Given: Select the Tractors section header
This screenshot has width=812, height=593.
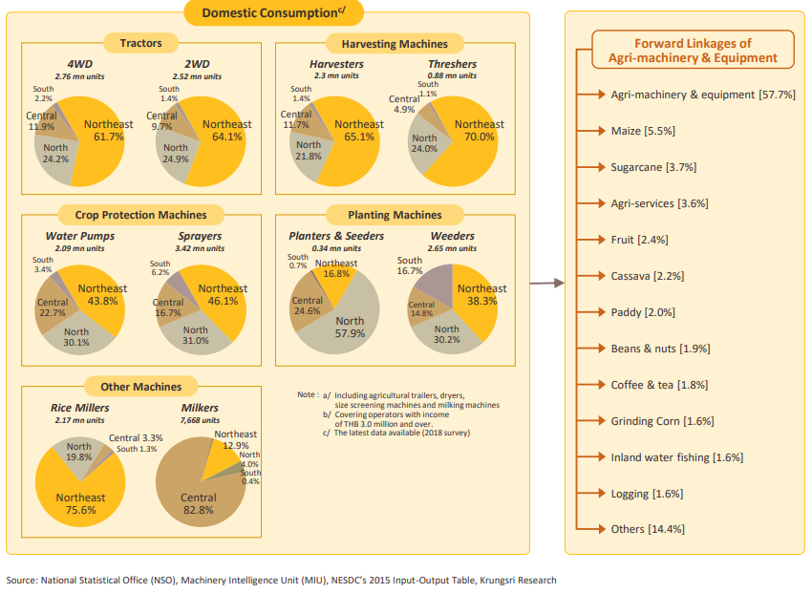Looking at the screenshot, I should [140, 43].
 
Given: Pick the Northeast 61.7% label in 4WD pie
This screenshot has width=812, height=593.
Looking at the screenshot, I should [108, 131].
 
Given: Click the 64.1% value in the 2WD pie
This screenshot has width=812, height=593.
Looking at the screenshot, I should [227, 137].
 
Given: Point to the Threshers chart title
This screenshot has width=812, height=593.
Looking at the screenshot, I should [451, 64].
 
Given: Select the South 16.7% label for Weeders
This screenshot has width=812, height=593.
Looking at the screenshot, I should [410, 265].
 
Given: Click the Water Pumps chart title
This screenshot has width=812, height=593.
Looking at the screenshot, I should [80, 235].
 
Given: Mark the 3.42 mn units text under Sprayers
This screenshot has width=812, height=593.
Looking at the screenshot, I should [200, 247].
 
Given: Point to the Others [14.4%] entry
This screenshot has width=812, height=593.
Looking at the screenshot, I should [648, 528].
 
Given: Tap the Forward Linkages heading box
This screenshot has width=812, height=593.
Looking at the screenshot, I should [694, 51].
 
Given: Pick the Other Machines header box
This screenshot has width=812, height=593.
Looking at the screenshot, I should [140, 386].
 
